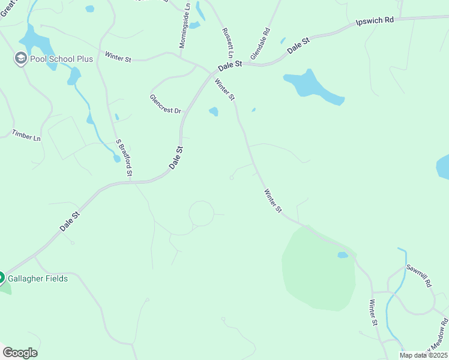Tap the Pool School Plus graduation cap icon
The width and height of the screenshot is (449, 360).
click(x=21, y=59)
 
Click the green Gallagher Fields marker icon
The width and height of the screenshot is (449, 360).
click(x=1, y=278)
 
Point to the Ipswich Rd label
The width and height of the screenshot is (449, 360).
click(x=375, y=20)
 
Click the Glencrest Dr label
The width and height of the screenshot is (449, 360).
click(x=165, y=103)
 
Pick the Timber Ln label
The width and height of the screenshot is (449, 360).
click(x=26, y=135)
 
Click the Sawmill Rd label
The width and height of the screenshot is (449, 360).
click(x=419, y=275)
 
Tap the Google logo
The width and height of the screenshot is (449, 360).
click(x=20, y=353)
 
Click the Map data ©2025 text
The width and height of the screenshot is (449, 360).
click(x=423, y=355)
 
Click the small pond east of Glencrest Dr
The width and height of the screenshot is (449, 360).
click(x=213, y=112)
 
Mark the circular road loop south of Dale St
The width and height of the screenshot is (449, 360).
click(x=201, y=214)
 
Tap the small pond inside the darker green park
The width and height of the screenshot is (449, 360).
click(x=342, y=255)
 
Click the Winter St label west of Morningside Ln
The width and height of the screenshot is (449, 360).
click(x=118, y=57)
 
